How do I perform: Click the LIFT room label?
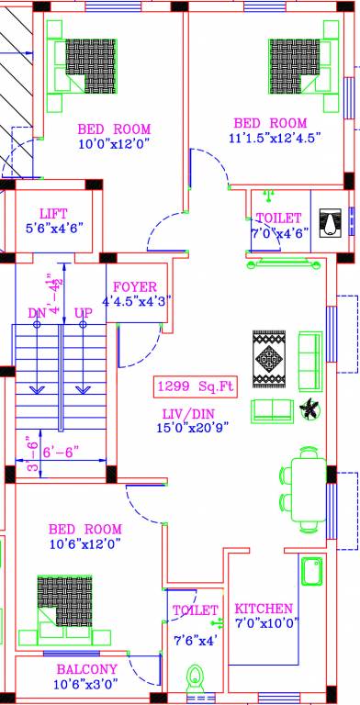coord(53,213)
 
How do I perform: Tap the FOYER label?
coord(135,286)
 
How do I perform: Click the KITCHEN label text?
coord(264,609)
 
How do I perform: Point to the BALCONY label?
coord(86,669)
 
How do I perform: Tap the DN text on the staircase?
coord(37,314)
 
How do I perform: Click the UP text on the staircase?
coord(84,314)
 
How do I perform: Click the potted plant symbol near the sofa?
coord(310,409)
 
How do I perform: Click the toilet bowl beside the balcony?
coord(195,680)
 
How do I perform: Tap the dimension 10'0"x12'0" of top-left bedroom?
coord(113,143)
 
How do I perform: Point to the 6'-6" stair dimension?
coord(61,452)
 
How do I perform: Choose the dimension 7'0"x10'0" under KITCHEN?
coord(264,624)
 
